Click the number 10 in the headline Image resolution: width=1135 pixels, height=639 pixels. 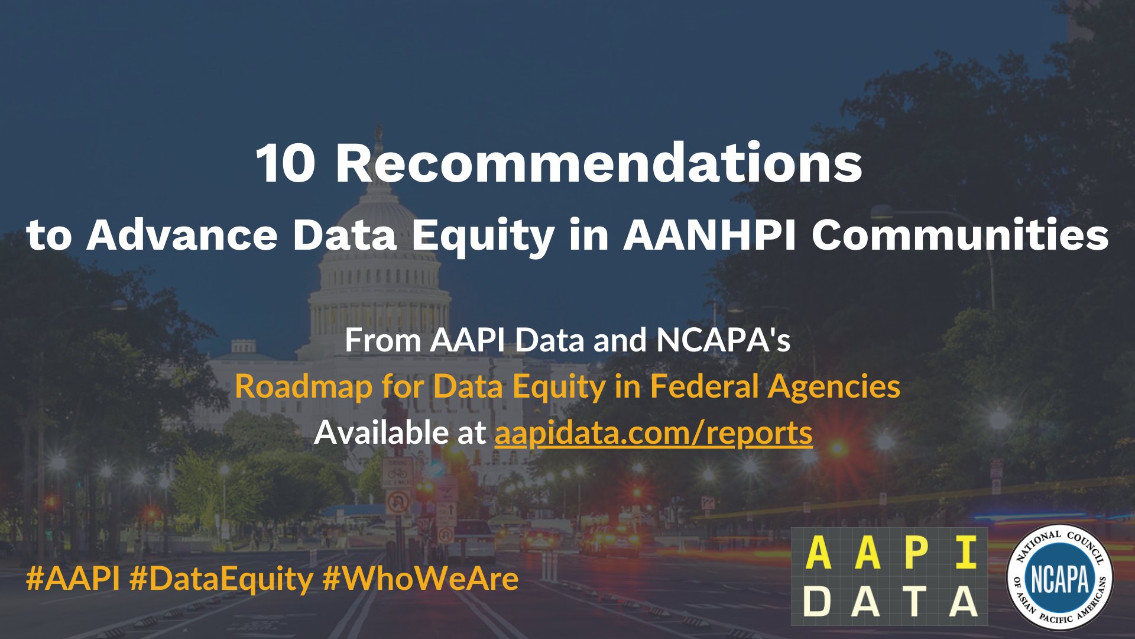[285, 164]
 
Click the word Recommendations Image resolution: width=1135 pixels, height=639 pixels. [598, 164]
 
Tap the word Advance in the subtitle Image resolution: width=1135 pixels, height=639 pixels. [182, 235]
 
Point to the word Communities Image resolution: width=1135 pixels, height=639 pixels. [959, 235]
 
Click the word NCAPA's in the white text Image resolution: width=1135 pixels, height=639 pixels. [723, 340]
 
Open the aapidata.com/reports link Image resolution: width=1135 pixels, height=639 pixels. [653, 433]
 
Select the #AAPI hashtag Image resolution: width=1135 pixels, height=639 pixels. [73, 578]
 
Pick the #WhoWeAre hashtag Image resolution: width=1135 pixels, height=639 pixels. [420, 578]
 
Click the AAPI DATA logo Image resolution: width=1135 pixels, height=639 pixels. [889, 576]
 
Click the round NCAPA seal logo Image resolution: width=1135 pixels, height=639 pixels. [1059, 577]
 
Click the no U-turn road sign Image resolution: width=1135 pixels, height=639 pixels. [398, 503]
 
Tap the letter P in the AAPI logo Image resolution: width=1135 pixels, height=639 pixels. [915, 552]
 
